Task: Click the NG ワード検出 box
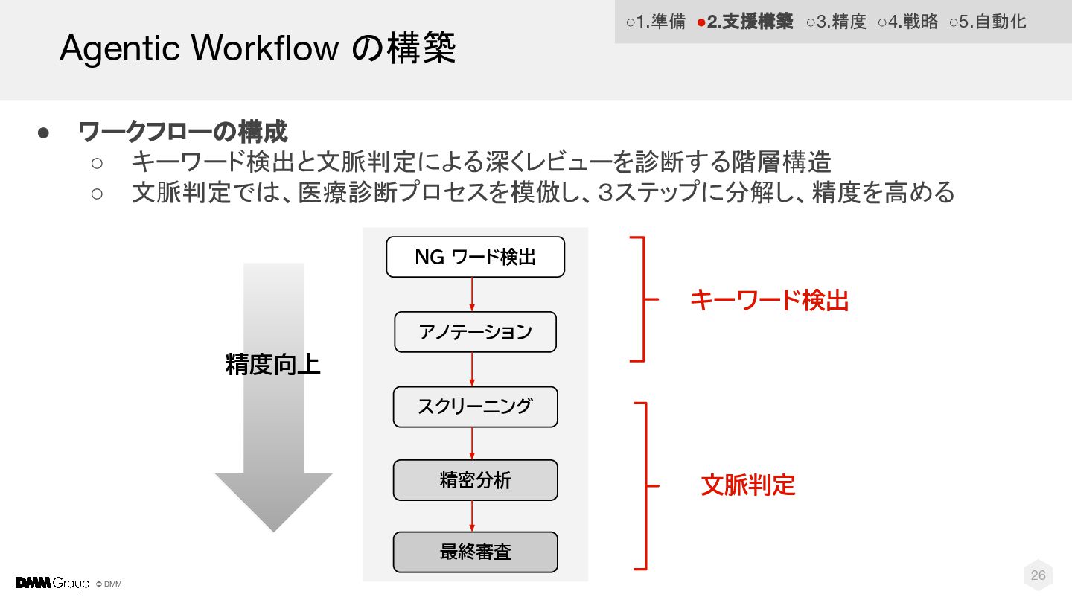[475, 257]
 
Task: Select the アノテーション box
[475, 331]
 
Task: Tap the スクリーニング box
[475, 406]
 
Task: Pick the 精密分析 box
[475, 480]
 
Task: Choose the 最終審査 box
[475, 552]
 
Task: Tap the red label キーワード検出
[769, 300]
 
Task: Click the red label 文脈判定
[748, 485]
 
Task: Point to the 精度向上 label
[272, 366]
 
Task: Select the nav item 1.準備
[656, 22]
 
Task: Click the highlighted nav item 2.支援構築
[745, 22]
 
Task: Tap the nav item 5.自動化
[988, 22]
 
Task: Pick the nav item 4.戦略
[908, 22]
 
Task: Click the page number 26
[1038, 575]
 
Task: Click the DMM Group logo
[52, 583]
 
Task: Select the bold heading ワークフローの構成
[183, 133]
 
